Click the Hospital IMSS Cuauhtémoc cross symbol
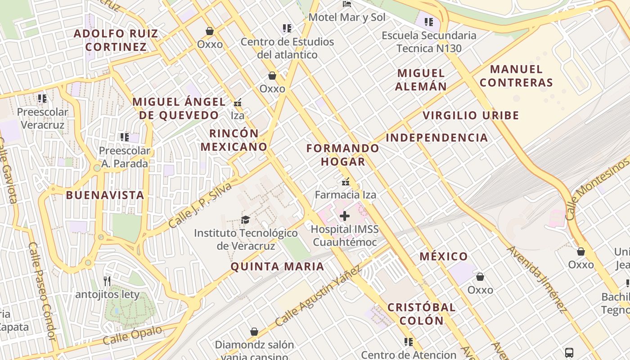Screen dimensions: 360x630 [x=345, y=216]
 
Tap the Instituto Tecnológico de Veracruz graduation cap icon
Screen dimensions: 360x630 [x=245, y=220]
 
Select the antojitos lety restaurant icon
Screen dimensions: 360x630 [x=107, y=281]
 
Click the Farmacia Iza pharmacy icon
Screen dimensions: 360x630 [x=346, y=182]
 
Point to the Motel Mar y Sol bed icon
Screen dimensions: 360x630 [x=347, y=4]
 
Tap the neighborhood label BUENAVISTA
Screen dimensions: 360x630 [x=105, y=195]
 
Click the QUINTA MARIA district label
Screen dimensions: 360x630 [x=277, y=266]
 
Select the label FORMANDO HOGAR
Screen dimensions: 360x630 [x=343, y=155]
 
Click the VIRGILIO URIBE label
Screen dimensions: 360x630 [x=471, y=116]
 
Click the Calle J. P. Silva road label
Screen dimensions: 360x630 [x=201, y=205]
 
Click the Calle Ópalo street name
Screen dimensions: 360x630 [x=132, y=336]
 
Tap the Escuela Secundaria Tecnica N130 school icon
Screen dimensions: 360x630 [x=429, y=22]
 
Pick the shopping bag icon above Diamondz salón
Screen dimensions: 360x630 [x=254, y=332]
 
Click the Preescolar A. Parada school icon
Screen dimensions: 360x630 [x=125, y=137]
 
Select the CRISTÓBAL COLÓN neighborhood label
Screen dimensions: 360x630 [x=422, y=314]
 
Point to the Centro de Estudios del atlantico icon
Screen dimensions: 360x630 [x=287, y=28]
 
